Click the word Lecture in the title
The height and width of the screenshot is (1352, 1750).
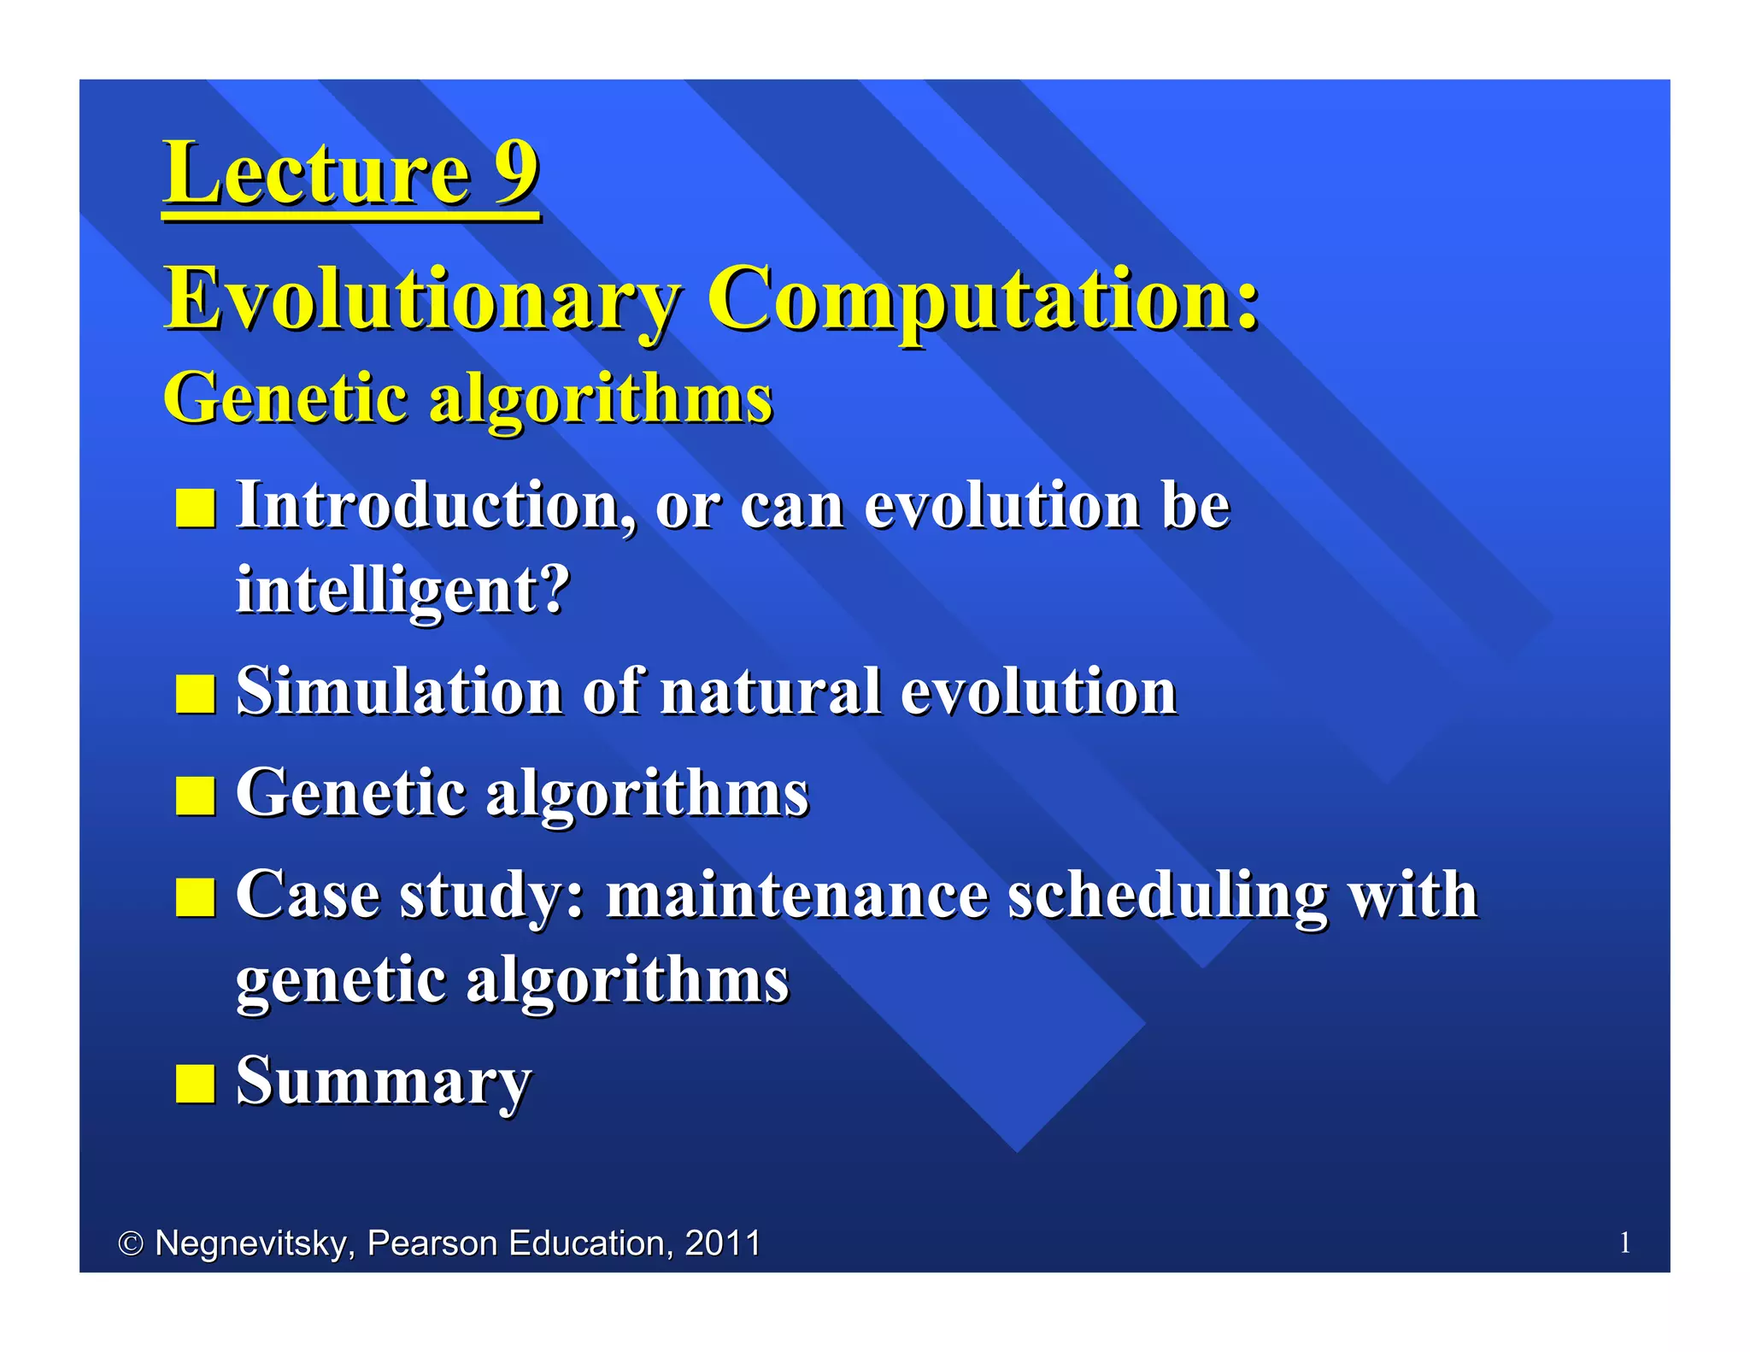[317, 173]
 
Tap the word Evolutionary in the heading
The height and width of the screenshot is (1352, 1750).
[422, 299]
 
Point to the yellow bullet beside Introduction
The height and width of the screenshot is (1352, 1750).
[195, 508]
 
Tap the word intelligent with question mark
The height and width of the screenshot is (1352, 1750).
[402, 591]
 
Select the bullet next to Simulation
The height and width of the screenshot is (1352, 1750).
[195, 694]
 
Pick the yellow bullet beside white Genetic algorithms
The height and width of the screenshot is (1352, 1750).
[195, 796]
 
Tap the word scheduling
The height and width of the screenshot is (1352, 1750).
[1167, 896]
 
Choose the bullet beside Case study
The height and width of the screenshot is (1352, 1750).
[195, 897]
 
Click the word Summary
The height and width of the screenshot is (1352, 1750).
[383, 1082]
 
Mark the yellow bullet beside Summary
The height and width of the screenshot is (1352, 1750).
[195, 1084]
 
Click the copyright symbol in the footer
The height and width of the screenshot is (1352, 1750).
[130, 1243]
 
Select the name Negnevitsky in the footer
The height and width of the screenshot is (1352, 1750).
[253, 1243]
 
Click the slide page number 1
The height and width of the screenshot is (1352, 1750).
[1624, 1243]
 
